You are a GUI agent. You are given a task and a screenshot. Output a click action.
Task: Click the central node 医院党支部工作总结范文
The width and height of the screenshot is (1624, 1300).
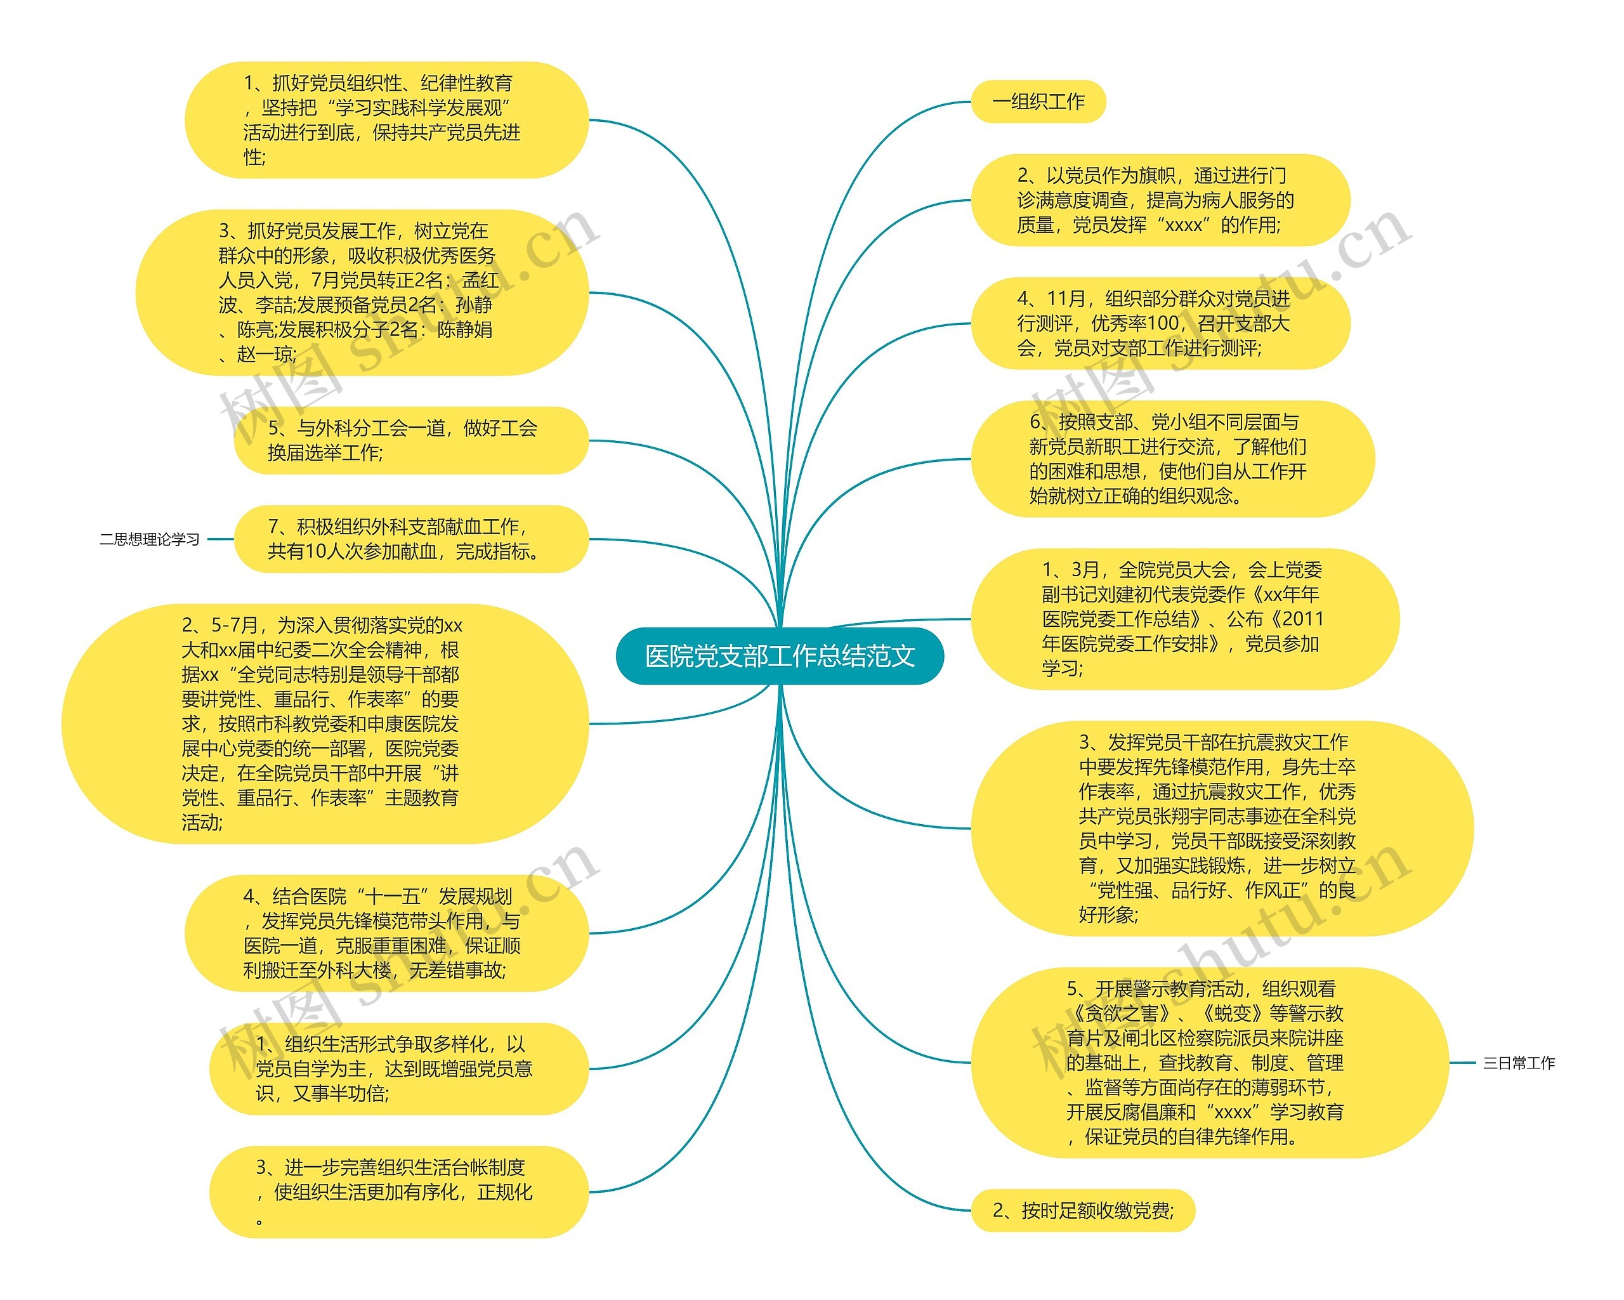[780, 656]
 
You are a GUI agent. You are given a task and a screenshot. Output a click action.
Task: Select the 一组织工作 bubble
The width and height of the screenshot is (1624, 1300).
[1038, 102]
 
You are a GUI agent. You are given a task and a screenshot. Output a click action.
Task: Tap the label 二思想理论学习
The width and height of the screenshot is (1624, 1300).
[149, 539]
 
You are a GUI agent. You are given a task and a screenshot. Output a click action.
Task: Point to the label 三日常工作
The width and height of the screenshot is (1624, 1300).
[1519, 1063]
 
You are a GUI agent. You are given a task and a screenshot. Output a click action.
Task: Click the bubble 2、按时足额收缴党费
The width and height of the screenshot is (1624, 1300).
[1082, 1211]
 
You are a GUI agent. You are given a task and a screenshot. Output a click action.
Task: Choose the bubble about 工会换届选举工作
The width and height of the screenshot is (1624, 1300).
[410, 440]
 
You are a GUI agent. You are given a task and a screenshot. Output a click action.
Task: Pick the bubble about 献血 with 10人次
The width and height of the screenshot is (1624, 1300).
[410, 539]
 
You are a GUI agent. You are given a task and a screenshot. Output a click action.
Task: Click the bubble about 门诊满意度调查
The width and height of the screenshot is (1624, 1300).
[1160, 200]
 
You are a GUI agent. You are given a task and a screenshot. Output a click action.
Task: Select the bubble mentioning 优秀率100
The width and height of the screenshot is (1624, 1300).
[1160, 324]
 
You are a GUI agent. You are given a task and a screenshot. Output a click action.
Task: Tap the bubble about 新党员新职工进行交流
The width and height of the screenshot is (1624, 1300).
[1172, 459]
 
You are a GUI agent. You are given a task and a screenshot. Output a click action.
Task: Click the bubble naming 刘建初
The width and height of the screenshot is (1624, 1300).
[1184, 619]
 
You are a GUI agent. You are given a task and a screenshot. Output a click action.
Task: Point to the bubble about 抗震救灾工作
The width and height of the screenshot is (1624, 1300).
[1221, 829]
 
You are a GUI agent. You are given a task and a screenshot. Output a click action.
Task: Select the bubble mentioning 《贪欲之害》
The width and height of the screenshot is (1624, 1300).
[1209, 1063]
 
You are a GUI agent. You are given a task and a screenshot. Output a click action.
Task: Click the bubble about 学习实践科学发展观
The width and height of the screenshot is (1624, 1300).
[386, 121]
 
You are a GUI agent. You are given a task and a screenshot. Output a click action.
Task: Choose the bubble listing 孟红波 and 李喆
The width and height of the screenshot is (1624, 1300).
[362, 292]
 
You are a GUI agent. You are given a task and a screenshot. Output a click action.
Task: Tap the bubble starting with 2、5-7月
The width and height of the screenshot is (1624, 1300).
[325, 724]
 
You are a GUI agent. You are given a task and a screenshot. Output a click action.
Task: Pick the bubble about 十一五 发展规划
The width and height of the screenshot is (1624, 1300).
[386, 933]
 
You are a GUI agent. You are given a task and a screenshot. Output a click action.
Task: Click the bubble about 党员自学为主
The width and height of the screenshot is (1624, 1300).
[398, 1069]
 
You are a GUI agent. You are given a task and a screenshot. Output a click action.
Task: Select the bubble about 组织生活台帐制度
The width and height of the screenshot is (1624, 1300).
[398, 1192]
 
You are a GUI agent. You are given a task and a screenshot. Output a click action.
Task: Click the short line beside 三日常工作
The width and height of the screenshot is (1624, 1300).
[1463, 1063]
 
